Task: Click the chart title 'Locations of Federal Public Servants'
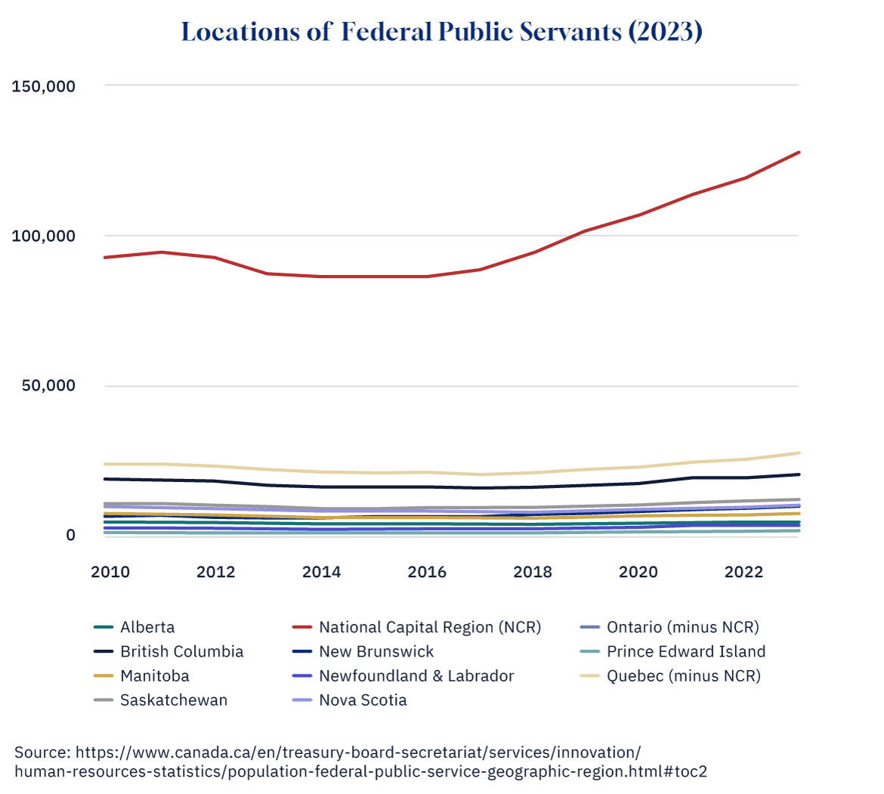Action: (x=442, y=32)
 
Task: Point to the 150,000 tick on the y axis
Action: (x=44, y=86)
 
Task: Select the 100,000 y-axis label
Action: (x=44, y=236)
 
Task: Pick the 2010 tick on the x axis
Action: (x=110, y=572)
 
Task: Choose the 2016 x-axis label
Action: (x=427, y=572)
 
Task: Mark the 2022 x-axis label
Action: (x=744, y=572)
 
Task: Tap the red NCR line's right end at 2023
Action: (x=799, y=153)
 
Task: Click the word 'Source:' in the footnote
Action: (x=42, y=752)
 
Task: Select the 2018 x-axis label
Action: (x=533, y=572)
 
